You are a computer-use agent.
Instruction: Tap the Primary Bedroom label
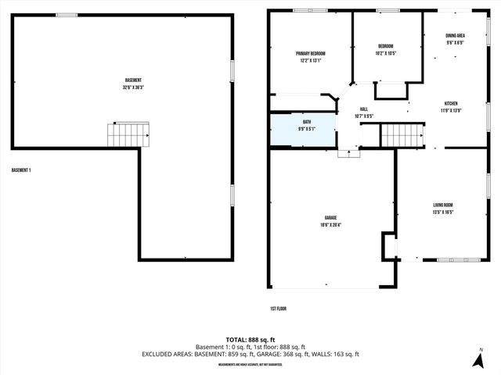310,53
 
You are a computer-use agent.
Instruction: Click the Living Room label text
443,205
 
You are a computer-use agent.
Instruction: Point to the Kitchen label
451,103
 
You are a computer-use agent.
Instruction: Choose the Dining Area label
456,36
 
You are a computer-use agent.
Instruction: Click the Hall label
363,109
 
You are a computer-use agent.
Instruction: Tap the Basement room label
133,80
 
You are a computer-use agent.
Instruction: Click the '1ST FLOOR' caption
279,309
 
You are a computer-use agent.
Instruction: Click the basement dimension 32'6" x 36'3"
133,87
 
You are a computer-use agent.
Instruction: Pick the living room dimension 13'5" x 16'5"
443,212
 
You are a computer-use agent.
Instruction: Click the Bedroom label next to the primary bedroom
385,46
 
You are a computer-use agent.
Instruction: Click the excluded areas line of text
250,354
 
